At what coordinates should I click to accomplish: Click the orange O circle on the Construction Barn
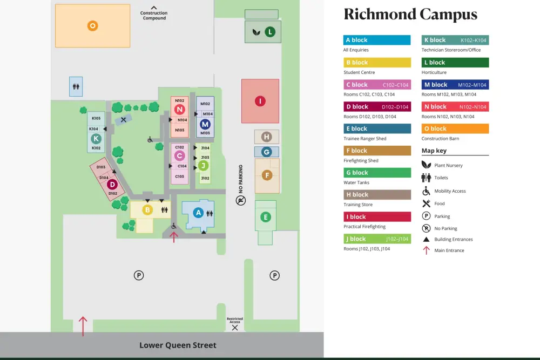coord(93,25)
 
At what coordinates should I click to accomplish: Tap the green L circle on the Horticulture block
coord(270,32)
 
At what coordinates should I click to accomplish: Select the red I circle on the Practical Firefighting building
coord(260,101)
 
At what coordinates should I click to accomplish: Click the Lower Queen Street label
coord(178,345)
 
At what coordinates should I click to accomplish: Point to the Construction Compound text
coord(154,16)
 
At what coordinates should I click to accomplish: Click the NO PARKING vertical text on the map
coord(241,179)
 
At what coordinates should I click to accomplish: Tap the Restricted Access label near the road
coord(235,320)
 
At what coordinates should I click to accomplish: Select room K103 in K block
coord(96,118)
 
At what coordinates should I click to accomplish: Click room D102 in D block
coord(113,193)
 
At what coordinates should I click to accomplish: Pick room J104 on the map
coord(205,148)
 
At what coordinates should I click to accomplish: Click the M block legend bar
coord(455,85)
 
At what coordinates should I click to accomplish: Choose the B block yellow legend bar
coord(377,63)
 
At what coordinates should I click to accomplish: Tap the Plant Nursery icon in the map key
coord(426,165)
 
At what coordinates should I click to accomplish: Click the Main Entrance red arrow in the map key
coord(426,250)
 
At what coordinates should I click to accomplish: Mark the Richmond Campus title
coord(410,15)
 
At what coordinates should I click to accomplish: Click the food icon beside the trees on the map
coord(124,120)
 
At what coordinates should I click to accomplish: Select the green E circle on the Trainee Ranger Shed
coord(265,217)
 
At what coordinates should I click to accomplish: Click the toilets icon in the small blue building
coord(76,86)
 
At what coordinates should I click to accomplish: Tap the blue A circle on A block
coord(198,213)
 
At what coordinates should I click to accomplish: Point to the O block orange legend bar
coord(455,129)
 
